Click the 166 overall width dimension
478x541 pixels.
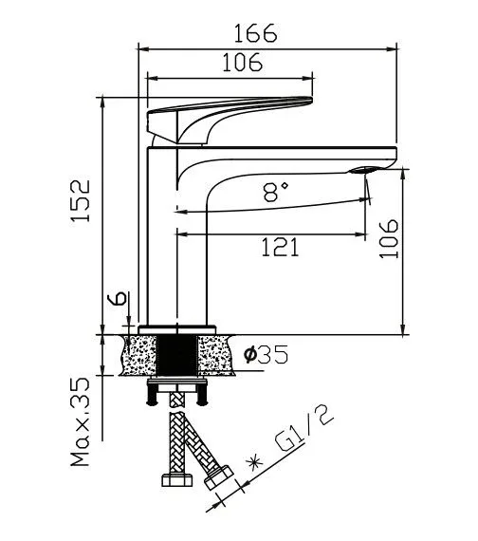[255, 33]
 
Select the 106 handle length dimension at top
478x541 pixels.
[242, 63]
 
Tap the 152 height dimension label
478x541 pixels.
[81, 200]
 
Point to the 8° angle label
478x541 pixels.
[276, 192]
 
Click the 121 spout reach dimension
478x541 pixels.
[280, 247]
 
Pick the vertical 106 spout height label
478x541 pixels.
[389, 239]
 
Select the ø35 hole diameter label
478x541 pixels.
[266, 354]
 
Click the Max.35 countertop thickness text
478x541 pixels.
[80, 421]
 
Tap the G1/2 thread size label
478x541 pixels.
[304, 429]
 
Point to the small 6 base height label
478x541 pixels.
[118, 298]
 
